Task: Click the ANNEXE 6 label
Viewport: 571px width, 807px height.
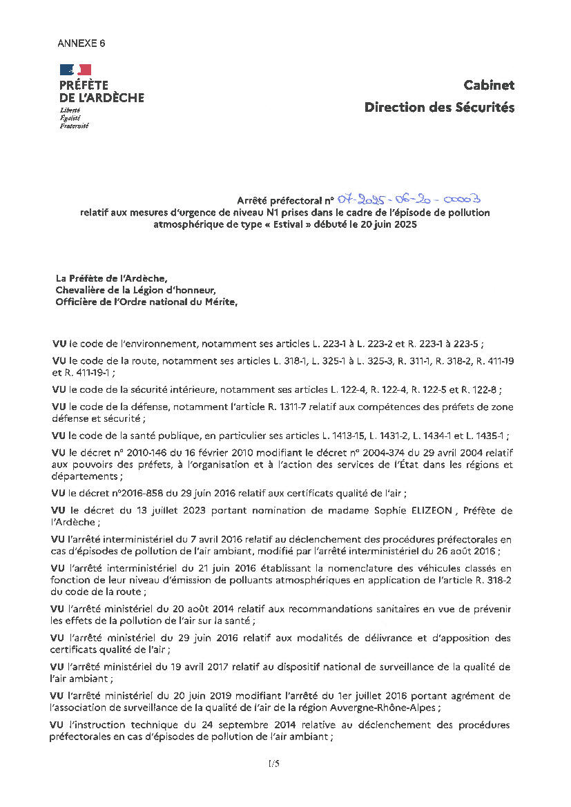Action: [81, 43]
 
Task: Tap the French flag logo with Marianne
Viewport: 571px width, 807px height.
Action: [75, 69]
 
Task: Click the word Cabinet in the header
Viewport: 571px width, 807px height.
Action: [489, 85]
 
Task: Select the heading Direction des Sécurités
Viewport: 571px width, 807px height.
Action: [439, 107]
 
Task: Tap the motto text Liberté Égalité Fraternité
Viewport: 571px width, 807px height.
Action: [74, 119]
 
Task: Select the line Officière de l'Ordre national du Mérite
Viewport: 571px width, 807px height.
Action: [146, 301]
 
